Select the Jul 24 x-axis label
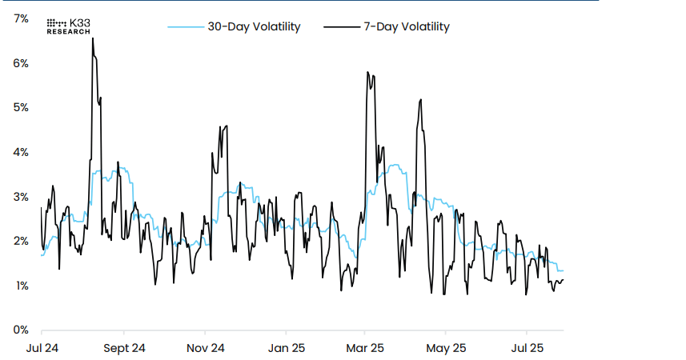tap(42, 348)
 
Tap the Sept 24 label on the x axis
tap(124, 348)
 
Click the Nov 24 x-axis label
tap(205, 348)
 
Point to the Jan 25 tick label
tap(286, 348)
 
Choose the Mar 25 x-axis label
tap(365, 348)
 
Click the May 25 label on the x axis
tap(446, 348)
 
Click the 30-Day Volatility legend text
tap(254, 26)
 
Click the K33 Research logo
tap(69, 26)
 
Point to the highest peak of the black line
tap(93, 38)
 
